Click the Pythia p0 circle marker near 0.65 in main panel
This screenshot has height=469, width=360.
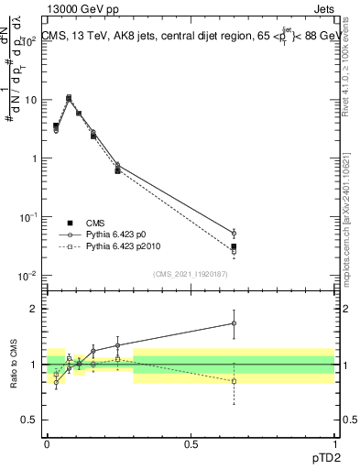(234, 233)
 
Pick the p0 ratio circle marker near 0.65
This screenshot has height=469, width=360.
(234, 323)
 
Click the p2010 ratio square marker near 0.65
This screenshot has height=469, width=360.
(234, 381)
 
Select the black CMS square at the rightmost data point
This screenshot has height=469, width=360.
(234, 246)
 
